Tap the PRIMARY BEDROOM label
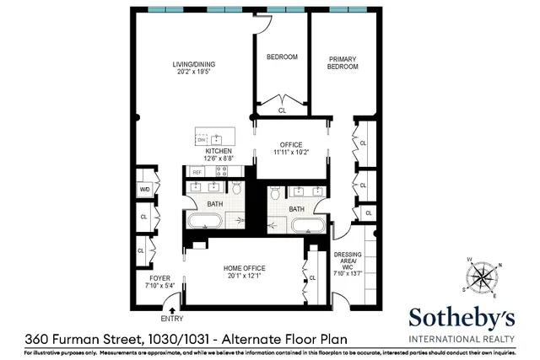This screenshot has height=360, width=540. (343, 62)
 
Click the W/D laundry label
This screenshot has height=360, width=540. (144, 190)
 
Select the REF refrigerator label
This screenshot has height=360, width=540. (197, 172)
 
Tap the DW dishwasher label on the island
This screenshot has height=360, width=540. (202, 138)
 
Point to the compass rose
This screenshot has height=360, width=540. (483, 278)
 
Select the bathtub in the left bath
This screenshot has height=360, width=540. (205, 223)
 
